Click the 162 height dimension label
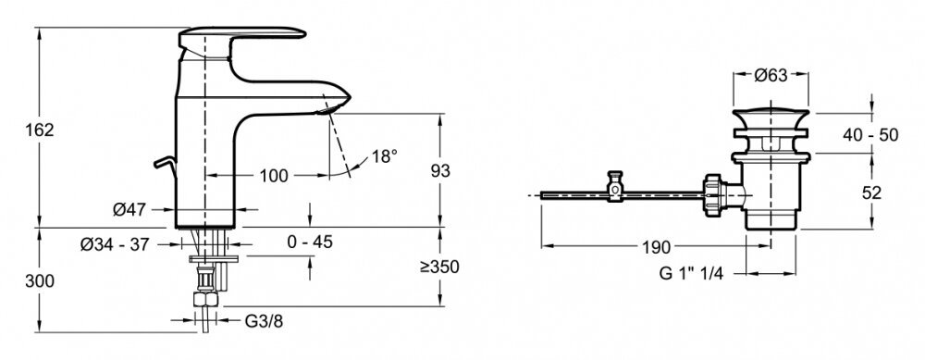[x=40, y=130]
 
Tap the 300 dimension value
[x=40, y=281]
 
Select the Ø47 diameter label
[x=129, y=209]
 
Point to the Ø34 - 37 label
[x=115, y=243]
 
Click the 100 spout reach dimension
[x=274, y=175]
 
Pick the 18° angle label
[x=384, y=156]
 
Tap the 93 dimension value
[x=440, y=170]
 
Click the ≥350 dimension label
[x=439, y=267]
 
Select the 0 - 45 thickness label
[x=310, y=242]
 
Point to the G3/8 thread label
[x=264, y=321]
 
